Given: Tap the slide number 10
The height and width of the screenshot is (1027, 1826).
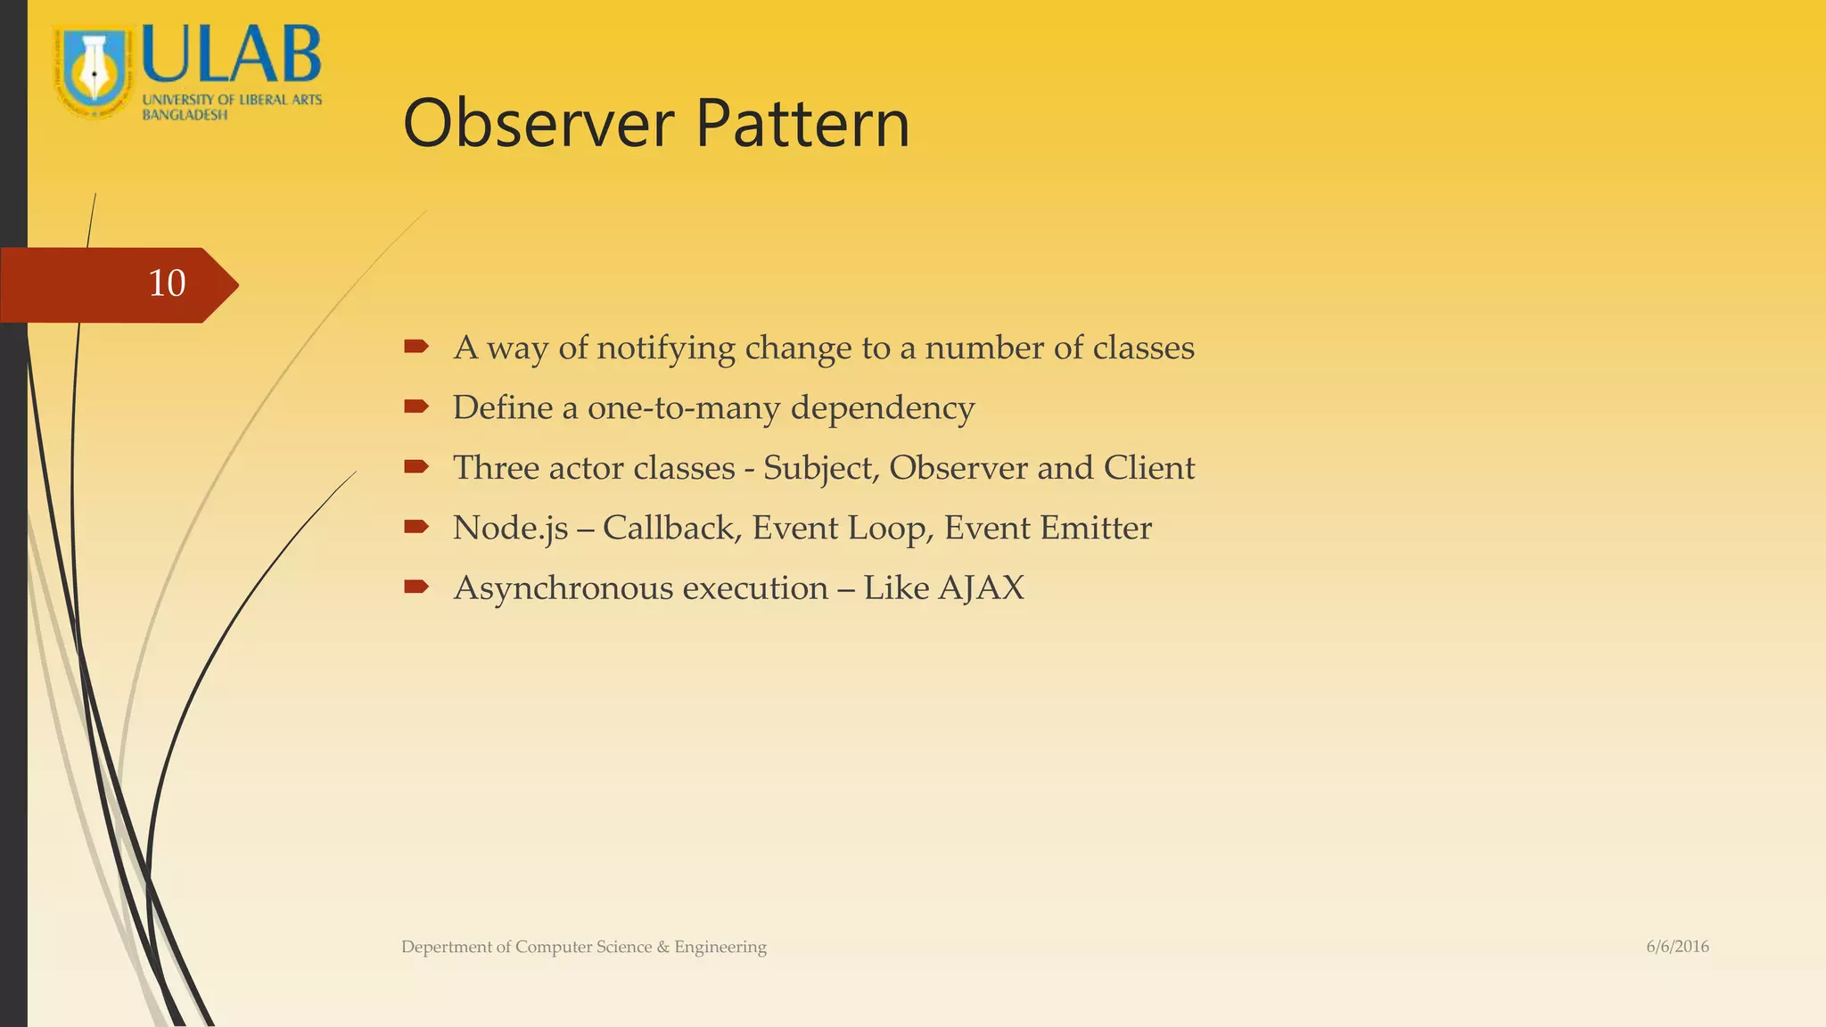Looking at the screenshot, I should pos(167,283).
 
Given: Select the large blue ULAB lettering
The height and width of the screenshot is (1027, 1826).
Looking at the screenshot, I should pos(231,55).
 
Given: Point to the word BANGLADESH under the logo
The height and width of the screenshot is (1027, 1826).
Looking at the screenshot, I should pos(185,115).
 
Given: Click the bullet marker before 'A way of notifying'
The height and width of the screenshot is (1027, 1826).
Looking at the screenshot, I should pos(416,347).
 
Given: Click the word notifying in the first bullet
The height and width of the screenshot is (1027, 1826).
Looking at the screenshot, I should pos(665,348).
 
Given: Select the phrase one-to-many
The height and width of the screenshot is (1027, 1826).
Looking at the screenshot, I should pos(684,408).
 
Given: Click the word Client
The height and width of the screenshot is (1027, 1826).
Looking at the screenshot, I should pos(1148,468).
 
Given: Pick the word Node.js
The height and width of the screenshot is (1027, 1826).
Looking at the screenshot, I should pos(510,528).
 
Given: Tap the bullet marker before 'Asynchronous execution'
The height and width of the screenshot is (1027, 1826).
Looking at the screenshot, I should pos(416,587).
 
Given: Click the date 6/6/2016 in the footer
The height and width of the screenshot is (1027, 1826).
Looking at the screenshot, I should pos(1677,947).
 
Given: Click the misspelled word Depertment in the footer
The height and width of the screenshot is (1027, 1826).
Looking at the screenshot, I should pos(446,947).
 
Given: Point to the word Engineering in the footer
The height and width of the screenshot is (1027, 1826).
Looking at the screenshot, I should pos(720,947).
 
